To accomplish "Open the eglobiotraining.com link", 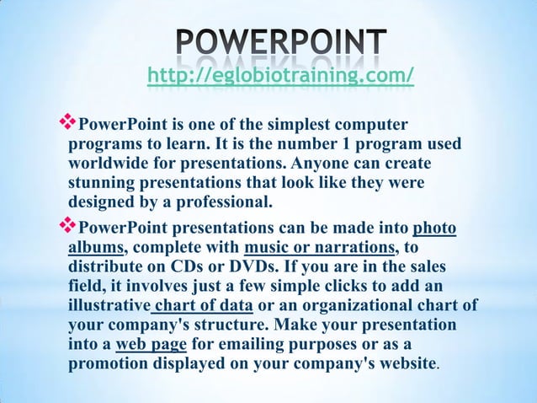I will tap(280, 78).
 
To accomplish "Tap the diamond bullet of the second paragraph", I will tap(67, 228).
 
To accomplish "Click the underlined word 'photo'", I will tap(434, 229).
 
